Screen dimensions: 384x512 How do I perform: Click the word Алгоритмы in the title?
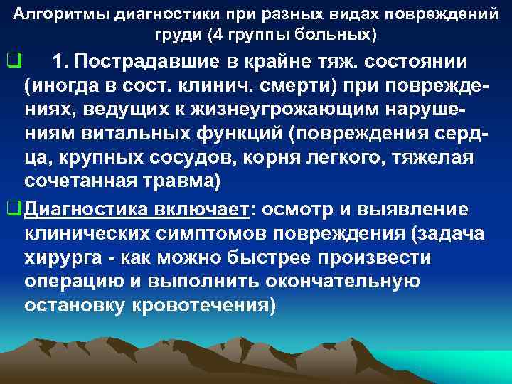pyautogui.click(x=60, y=14)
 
